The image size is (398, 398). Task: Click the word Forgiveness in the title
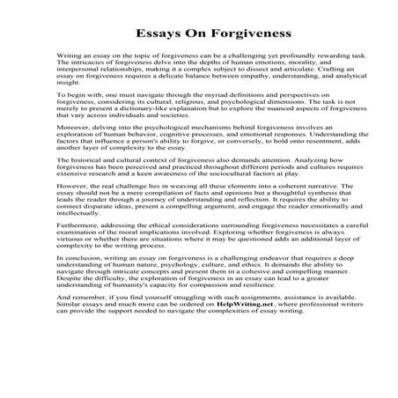(x=232, y=33)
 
